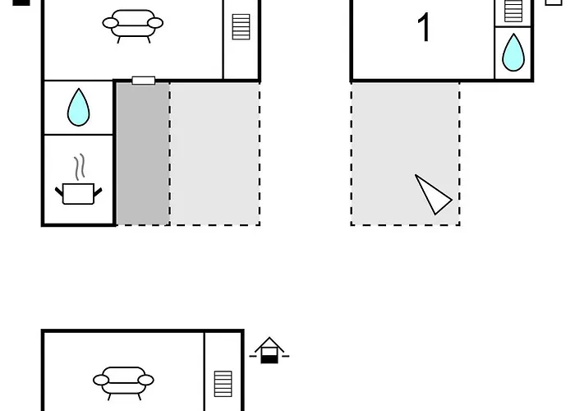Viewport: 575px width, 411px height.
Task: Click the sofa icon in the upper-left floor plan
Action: tap(133, 26)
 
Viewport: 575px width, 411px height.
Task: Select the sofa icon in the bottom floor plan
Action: tap(123, 383)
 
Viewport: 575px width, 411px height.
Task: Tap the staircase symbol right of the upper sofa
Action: tap(241, 27)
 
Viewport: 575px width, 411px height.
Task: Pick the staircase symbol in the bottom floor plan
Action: tap(223, 384)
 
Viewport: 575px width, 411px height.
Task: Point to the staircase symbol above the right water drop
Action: tap(513, 11)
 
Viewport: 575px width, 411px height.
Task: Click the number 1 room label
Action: tap(424, 27)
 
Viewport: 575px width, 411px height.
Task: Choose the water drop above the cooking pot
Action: tap(79, 107)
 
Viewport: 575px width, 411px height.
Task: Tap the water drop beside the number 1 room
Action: tap(513, 53)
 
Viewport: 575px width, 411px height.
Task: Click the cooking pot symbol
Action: tap(79, 194)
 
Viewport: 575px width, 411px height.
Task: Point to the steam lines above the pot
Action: tap(80, 168)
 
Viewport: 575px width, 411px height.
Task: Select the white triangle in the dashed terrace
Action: tap(433, 195)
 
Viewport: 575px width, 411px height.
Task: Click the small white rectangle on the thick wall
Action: tap(144, 81)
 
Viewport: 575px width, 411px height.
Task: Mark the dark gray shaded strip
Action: tap(143, 154)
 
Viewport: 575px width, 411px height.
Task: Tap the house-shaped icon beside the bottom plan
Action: tap(269, 350)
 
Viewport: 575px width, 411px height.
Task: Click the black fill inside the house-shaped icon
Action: tap(269, 359)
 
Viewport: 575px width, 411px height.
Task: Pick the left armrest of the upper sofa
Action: tap(110, 23)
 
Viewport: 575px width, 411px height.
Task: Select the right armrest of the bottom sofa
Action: tap(145, 380)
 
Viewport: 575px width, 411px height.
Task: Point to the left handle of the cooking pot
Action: tap(59, 192)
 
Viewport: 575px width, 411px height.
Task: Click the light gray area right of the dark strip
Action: tap(215, 154)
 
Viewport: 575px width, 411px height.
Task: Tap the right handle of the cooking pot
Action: tap(98, 192)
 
